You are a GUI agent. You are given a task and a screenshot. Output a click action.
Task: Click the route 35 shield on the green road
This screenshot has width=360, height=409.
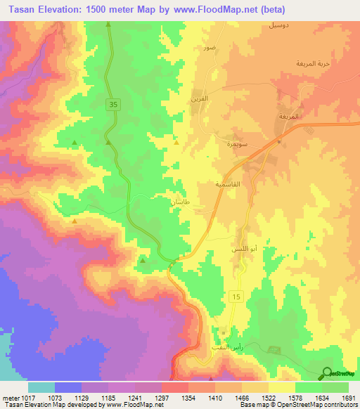(112, 105)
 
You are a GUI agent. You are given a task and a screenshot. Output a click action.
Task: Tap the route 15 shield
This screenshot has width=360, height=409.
(236, 299)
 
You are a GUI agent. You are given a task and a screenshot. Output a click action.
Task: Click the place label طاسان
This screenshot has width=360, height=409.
(181, 202)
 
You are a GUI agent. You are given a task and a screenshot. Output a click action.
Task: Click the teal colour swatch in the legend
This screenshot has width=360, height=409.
(41, 387)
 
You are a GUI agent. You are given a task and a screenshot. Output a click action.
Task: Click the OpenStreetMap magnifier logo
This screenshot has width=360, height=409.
(327, 372)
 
